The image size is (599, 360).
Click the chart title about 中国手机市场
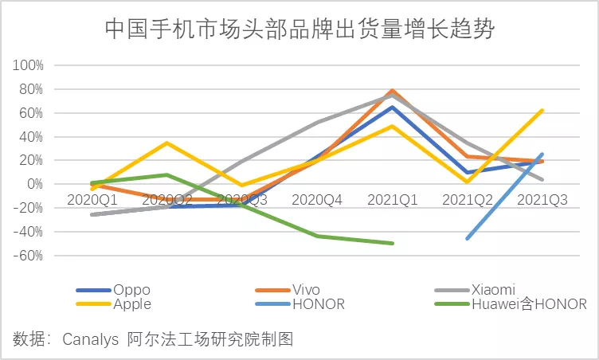pyautogui.click(x=299, y=29)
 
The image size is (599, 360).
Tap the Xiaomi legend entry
pyautogui.click(x=495, y=290)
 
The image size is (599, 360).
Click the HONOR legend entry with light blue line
pyautogui.click(x=318, y=303)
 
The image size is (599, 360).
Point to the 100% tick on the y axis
pyautogui.click(x=28, y=65)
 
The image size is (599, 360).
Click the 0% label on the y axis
pyautogui.click(x=33, y=184)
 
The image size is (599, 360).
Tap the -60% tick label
pyautogui.click(x=28, y=256)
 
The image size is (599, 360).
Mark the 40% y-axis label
pyautogui.click(x=30, y=136)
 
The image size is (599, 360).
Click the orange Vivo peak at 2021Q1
pyautogui.click(x=393, y=91)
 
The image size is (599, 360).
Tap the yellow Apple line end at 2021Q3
pyautogui.click(x=542, y=110)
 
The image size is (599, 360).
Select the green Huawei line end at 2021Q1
pyautogui.click(x=393, y=243)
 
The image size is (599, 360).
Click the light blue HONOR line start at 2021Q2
pyautogui.click(x=468, y=238)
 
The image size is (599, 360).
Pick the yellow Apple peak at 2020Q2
pyautogui.click(x=167, y=143)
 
